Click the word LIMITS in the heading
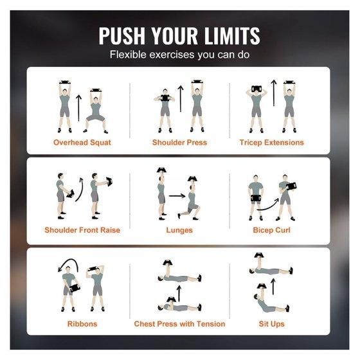(232, 36)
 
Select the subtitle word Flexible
(128, 55)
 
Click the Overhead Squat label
(82, 142)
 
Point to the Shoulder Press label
(179, 142)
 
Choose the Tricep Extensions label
(271, 142)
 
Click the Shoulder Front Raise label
(82, 230)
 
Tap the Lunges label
(179, 230)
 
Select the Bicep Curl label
(271, 230)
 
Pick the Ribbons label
(82, 324)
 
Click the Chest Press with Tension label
(179, 324)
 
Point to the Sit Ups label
(271, 324)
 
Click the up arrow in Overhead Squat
(78, 108)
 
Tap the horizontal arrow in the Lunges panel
(177, 196)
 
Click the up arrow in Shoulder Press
(181, 99)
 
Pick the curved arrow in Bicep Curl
(268, 205)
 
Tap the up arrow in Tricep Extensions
(274, 93)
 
